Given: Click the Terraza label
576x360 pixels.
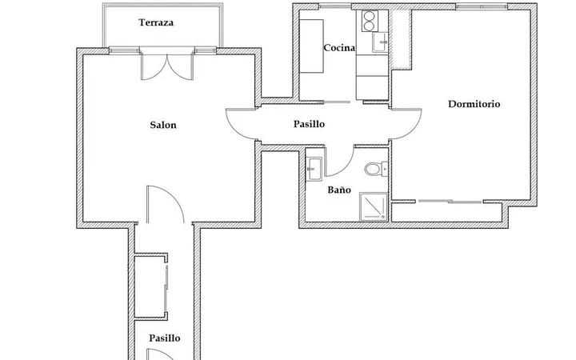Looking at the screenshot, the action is tap(156, 22).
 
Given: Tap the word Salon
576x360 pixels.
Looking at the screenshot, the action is tap(163, 125).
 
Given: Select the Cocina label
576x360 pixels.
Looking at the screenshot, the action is tap(339, 48).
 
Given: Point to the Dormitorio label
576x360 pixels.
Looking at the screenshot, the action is tap(474, 104).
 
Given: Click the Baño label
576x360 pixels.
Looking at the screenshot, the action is tap(339, 190).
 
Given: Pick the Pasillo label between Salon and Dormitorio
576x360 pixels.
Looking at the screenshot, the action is tap(309, 124).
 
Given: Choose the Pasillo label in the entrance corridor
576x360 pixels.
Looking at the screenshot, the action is tap(165, 338).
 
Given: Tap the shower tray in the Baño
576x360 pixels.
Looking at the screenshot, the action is tap(374, 207).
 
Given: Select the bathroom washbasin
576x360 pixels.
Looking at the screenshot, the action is tap(314, 169).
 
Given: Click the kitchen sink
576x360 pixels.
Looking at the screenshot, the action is tap(380, 42).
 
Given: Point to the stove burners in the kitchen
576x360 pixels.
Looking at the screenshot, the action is tap(370, 21).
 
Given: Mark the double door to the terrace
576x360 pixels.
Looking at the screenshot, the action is tap(167, 66).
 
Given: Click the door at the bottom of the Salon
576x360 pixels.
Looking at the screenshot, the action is tap(166, 204).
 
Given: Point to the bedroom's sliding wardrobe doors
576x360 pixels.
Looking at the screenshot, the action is tap(450, 202).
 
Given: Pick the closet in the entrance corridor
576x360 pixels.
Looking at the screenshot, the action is tap(150, 286).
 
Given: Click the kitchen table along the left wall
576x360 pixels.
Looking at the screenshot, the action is tap(311, 46).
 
